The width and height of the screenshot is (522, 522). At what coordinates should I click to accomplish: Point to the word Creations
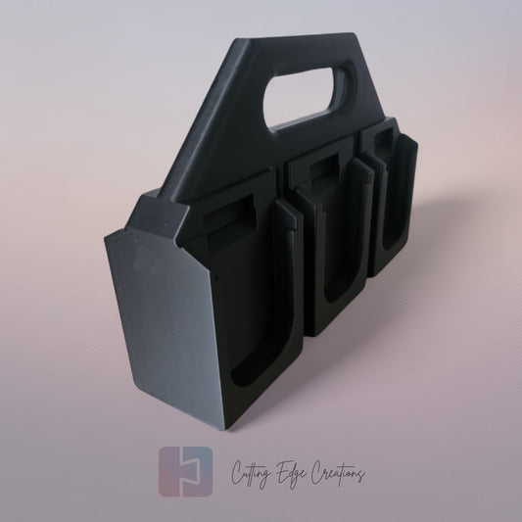[x=334, y=475]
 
